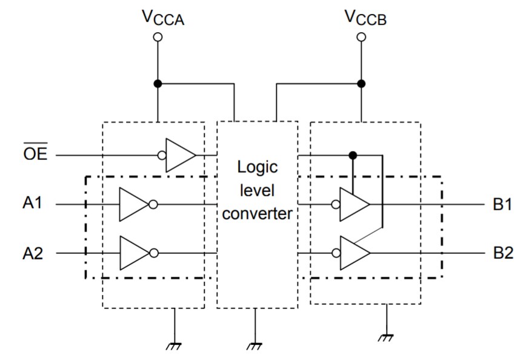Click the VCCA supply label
(x=162, y=18)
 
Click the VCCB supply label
(x=365, y=18)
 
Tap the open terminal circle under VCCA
(x=158, y=38)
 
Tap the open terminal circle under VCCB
(x=362, y=38)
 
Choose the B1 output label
(x=503, y=204)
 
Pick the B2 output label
(x=503, y=253)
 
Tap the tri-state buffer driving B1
(x=354, y=204)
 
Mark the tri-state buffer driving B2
(x=354, y=253)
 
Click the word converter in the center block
(x=257, y=214)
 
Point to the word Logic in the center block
(x=257, y=167)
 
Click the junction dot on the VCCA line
(x=158, y=84)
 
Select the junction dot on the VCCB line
(x=362, y=84)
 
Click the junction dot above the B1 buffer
(x=353, y=155)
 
